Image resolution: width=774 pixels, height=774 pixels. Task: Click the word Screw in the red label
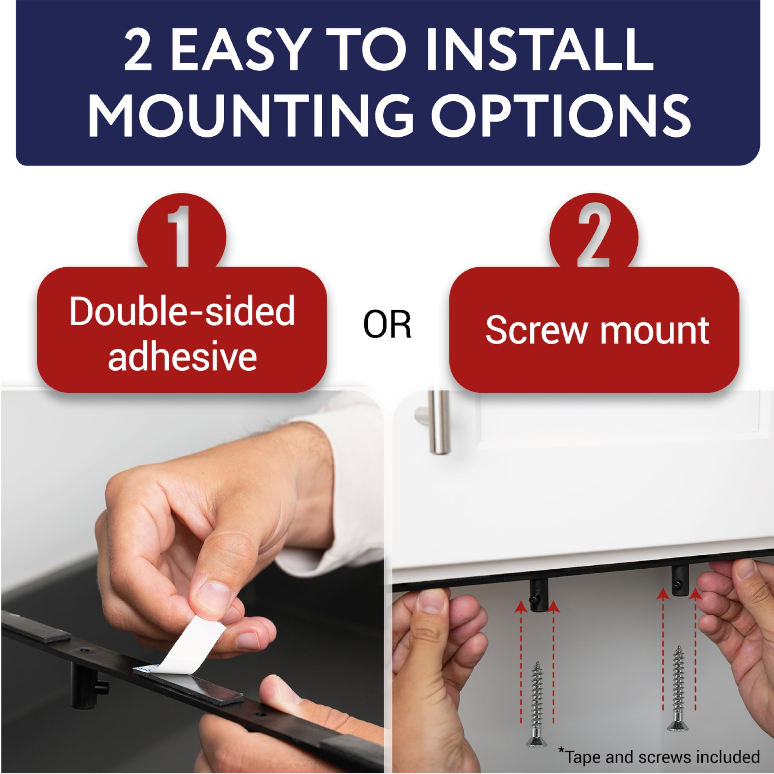[x=536, y=331]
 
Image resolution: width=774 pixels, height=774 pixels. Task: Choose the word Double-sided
[x=182, y=312]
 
